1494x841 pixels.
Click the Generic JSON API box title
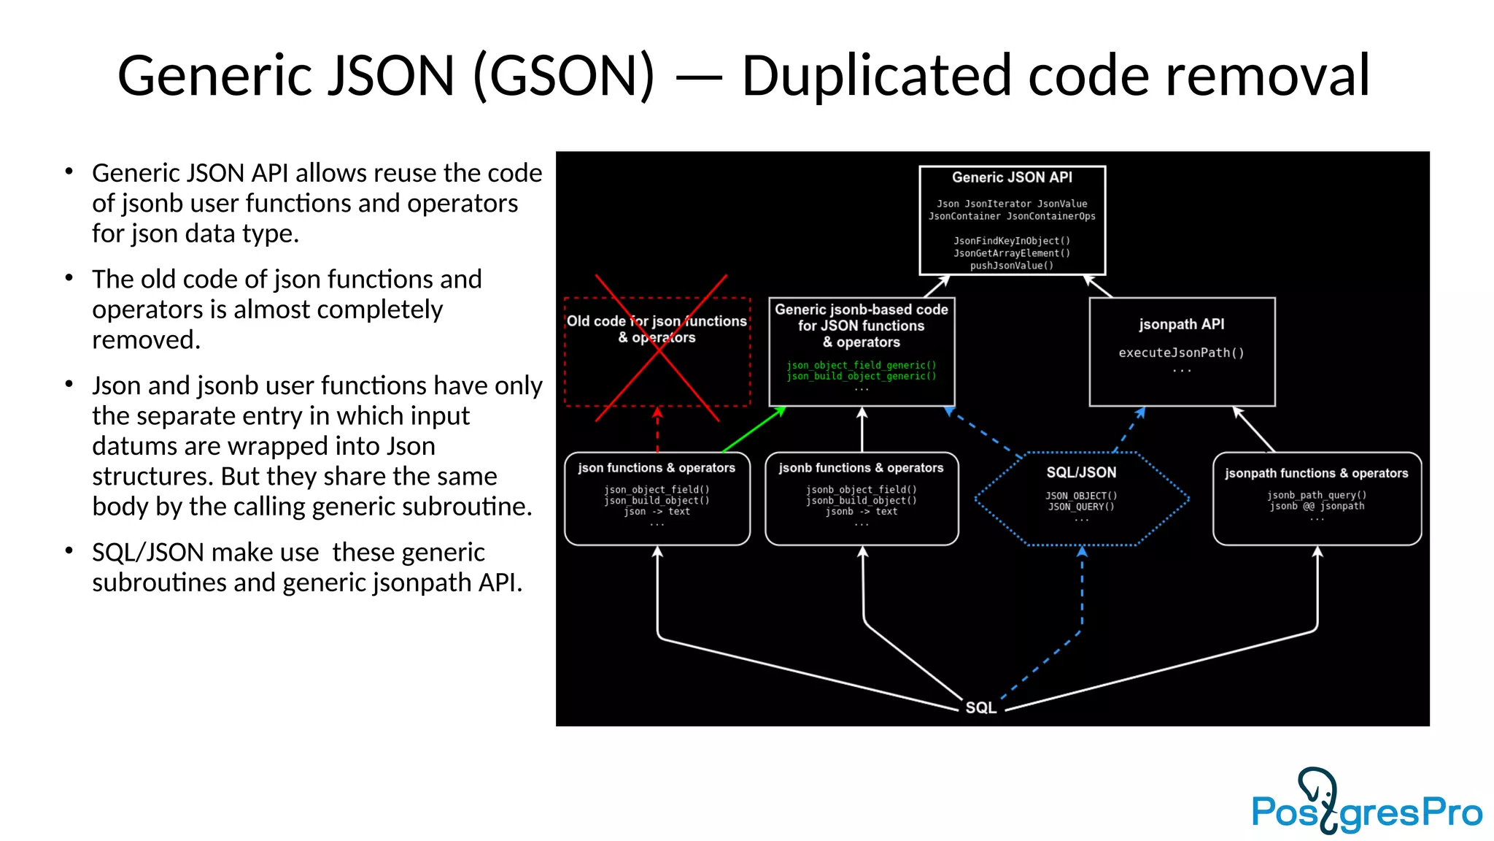click(x=1012, y=177)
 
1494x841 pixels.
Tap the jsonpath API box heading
click(x=1181, y=324)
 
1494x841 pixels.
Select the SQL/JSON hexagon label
click(x=1081, y=472)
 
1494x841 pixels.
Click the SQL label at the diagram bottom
click(x=980, y=707)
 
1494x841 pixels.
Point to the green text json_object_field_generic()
click(x=861, y=365)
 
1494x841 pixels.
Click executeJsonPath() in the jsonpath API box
click(x=1181, y=353)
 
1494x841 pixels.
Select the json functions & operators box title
click(x=657, y=468)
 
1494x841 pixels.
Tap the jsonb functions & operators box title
click(x=861, y=468)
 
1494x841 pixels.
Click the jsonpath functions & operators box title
click(x=1316, y=473)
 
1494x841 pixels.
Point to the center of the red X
click(x=659, y=349)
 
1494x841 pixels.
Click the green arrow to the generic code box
click(x=754, y=430)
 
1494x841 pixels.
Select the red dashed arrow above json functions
click(x=657, y=430)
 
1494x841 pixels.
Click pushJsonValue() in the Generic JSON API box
click(x=1012, y=266)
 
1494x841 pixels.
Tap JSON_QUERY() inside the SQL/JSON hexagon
click(x=1081, y=507)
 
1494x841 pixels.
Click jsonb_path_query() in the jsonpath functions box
click(x=1316, y=495)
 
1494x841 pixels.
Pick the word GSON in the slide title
click(x=565, y=75)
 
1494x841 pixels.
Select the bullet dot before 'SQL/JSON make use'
click(x=69, y=550)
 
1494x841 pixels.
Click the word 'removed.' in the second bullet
click(x=146, y=339)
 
